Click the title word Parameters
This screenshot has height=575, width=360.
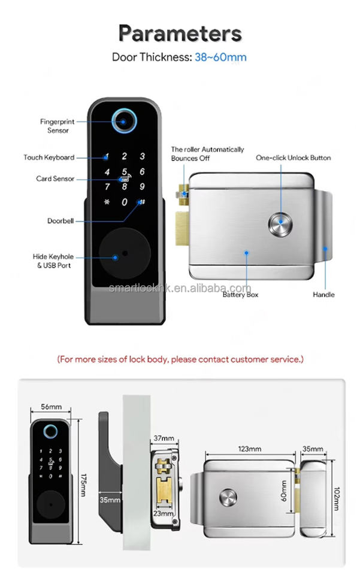[x=180, y=33]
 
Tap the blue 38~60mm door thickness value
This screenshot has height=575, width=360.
[x=220, y=57]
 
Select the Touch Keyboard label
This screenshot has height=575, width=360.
[x=49, y=158]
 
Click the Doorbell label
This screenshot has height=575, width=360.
[x=61, y=221]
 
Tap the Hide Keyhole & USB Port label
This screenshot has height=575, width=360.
[x=52, y=261]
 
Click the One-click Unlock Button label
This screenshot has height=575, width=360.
[x=294, y=158]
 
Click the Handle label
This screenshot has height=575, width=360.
[x=324, y=295]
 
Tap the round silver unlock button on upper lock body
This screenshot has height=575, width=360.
[x=280, y=225]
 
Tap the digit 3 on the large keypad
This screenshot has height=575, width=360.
[x=142, y=156]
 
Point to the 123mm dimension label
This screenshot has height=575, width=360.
[x=249, y=449]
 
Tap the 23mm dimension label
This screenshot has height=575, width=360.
[x=164, y=513]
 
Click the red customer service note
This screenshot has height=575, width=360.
[x=180, y=359]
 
